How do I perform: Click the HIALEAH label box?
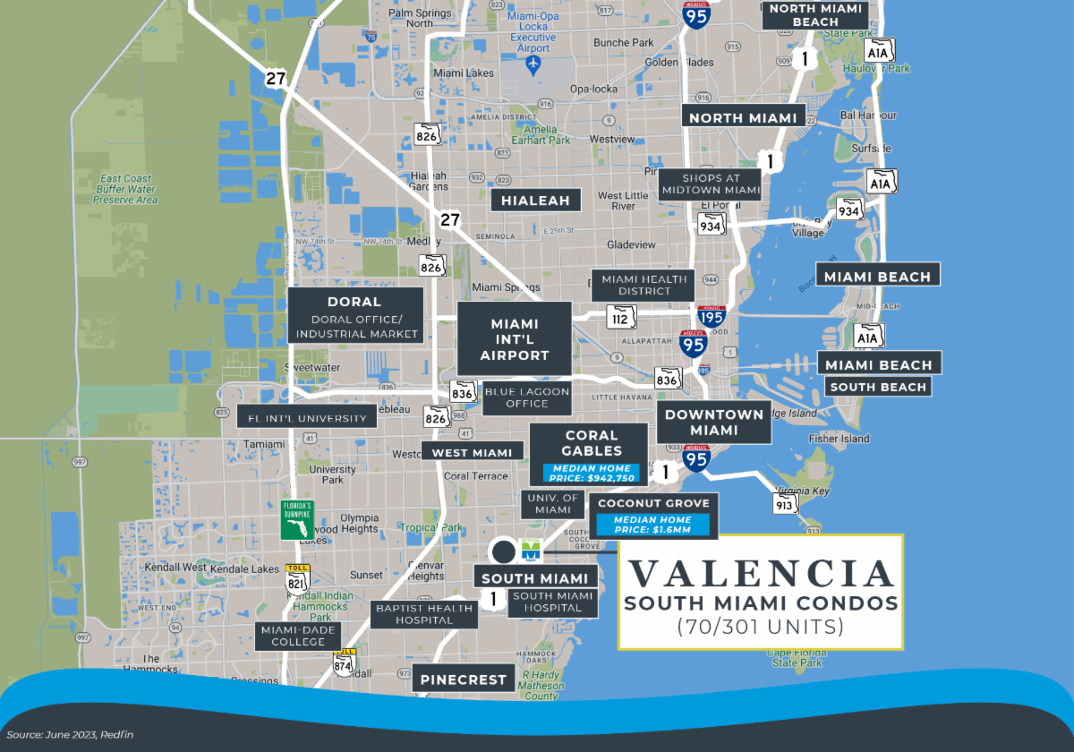click(536, 201)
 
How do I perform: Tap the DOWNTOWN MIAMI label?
click(713, 423)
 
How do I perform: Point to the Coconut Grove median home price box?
click(653, 526)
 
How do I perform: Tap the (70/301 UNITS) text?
click(760, 627)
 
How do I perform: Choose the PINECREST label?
click(465, 679)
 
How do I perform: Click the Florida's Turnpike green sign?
click(296, 520)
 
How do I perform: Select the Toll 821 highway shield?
click(296, 579)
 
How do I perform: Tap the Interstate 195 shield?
click(711, 316)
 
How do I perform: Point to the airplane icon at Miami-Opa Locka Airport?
click(534, 64)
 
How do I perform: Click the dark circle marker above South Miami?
click(503, 551)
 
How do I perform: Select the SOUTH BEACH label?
click(877, 387)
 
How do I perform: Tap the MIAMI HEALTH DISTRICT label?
click(644, 285)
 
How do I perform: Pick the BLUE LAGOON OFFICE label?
click(527, 397)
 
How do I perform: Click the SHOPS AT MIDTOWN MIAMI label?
click(709, 184)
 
